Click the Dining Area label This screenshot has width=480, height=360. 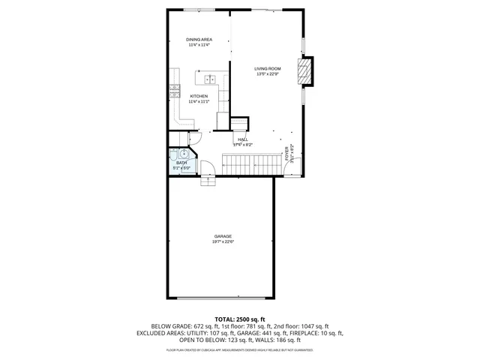point(199,39)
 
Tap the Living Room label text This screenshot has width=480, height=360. point(267,69)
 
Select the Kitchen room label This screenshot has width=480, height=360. point(199,96)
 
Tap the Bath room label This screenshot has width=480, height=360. point(181,162)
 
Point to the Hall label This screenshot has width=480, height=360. point(242,139)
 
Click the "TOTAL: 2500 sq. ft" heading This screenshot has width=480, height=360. point(239,319)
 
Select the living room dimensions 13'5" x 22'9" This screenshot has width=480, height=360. point(267,74)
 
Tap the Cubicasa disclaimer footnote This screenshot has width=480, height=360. point(239,350)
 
